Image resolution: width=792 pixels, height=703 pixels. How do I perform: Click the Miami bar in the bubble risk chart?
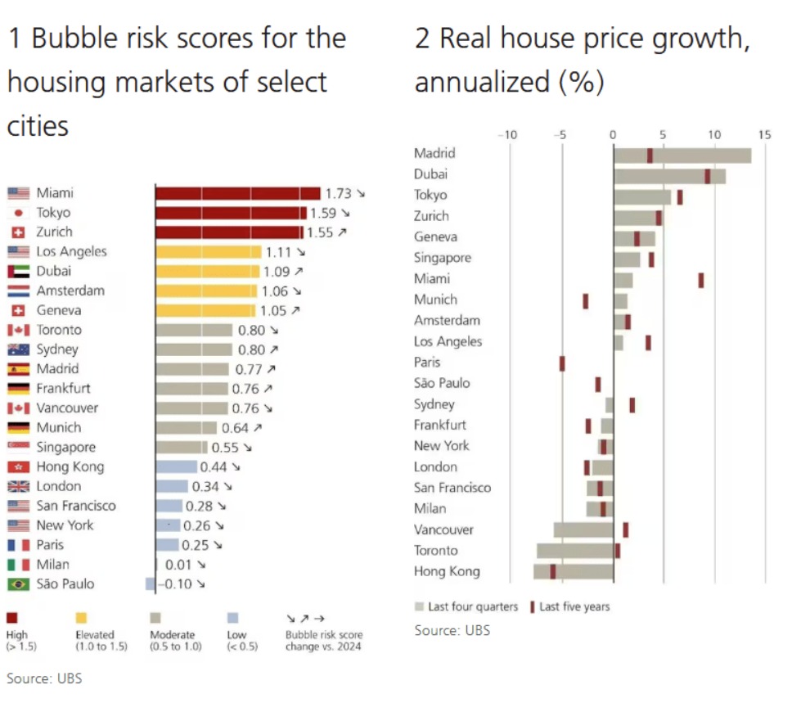tap(237, 193)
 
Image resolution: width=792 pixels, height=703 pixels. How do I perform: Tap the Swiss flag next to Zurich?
tap(18, 232)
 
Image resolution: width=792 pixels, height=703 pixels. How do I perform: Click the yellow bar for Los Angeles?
tap(209, 252)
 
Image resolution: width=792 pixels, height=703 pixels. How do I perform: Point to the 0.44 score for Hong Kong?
tap(214, 466)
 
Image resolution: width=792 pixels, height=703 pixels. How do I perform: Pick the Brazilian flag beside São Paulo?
tap(18, 584)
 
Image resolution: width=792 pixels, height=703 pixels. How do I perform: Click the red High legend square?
tap(12, 618)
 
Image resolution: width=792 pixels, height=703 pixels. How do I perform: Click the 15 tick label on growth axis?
tap(765, 134)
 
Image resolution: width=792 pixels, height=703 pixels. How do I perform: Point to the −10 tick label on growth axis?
tap(508, 134)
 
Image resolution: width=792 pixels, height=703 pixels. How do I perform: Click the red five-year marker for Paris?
tap(562, 363)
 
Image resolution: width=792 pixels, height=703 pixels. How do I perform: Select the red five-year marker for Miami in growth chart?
tap(701, 280)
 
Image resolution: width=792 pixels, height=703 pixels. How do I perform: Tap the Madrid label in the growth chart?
tap(434, 153)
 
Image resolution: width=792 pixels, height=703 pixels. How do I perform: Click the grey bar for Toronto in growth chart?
tap(574, 551)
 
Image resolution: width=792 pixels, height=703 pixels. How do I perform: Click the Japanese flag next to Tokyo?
tap(18, 213)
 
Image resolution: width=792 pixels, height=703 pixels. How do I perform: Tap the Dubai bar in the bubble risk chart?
tap(207, 272)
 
